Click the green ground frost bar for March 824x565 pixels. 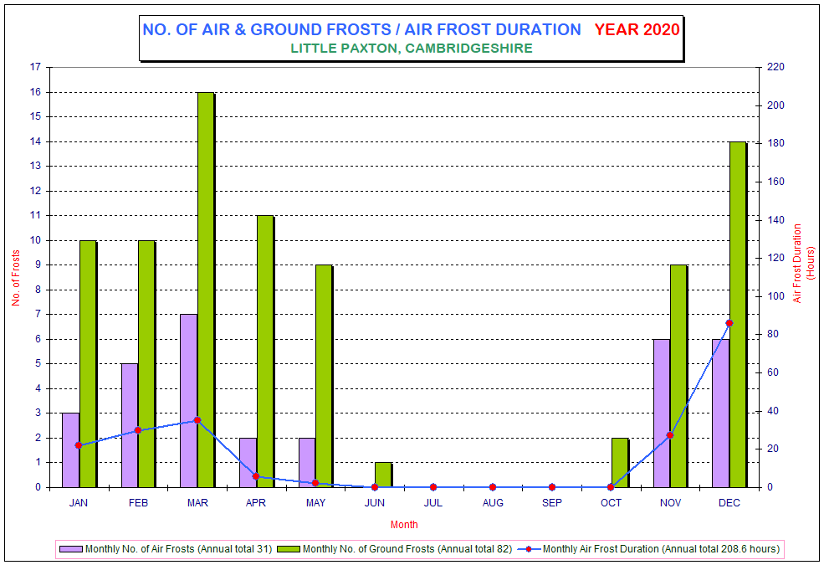tap(206, 290)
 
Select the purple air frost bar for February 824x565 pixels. tap(130, 425)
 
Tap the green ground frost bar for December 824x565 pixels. tap(738, 314)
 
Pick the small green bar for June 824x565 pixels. tap(383, 475)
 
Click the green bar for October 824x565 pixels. tap(620, 463)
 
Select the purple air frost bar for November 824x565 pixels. tap(662, 413)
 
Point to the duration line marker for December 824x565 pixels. tap(729, 323)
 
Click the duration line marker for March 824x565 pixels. tap(197, 420)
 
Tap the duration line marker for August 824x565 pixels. tap(493, 487)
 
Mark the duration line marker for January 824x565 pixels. tap(79, 445)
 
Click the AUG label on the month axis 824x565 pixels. tap(493, 503)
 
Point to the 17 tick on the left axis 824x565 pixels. tap(35, 67)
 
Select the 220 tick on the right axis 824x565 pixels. tap(775, 67)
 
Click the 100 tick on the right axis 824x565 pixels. tap(775, 296)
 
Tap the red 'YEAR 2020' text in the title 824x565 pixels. tap(637, 29)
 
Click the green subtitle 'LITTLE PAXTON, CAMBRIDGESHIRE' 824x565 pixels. tap(412, 49)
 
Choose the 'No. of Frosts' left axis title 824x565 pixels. tap(16, 278)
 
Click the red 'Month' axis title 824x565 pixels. tap(404, 525)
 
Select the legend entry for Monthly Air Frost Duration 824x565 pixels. tap(648, 549)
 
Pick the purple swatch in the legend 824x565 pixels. tap(71, 549)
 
